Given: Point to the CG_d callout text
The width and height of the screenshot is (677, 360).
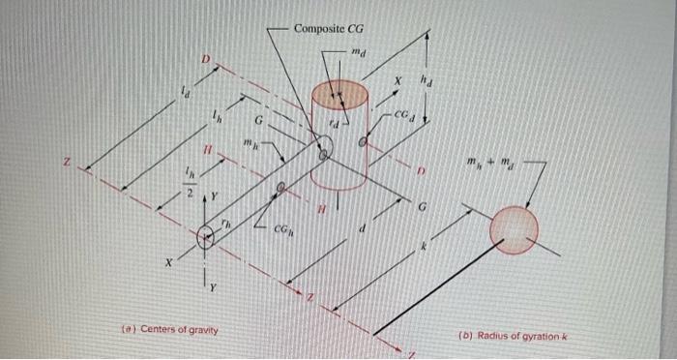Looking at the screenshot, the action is click(405, 115).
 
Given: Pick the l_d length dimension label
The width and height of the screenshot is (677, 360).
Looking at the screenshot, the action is click(186, 93).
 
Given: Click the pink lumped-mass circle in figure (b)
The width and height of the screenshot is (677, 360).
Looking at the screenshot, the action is click(514, 229).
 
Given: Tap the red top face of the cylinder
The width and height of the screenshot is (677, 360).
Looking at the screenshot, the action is click(339, 94).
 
